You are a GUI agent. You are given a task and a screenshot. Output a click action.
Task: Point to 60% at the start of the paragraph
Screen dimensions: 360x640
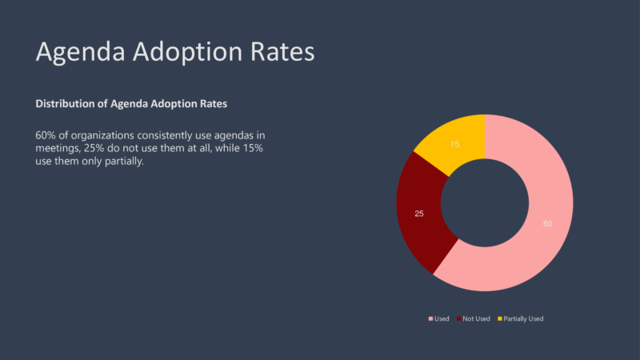pos(46,134)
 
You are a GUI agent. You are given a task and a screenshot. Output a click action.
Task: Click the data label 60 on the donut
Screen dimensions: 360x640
pos(547,223)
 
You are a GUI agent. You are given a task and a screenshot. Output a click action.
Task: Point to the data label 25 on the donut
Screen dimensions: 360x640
pos(419,214)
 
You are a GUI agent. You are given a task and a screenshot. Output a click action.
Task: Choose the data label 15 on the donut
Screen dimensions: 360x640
pos(454,144)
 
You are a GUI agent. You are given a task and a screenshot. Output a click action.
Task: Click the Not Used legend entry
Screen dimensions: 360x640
pos(476,318)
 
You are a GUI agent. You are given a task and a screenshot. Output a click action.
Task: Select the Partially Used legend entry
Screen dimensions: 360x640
pos(523,318)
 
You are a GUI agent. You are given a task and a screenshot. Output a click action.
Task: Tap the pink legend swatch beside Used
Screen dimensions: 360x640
pos(430,318)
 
